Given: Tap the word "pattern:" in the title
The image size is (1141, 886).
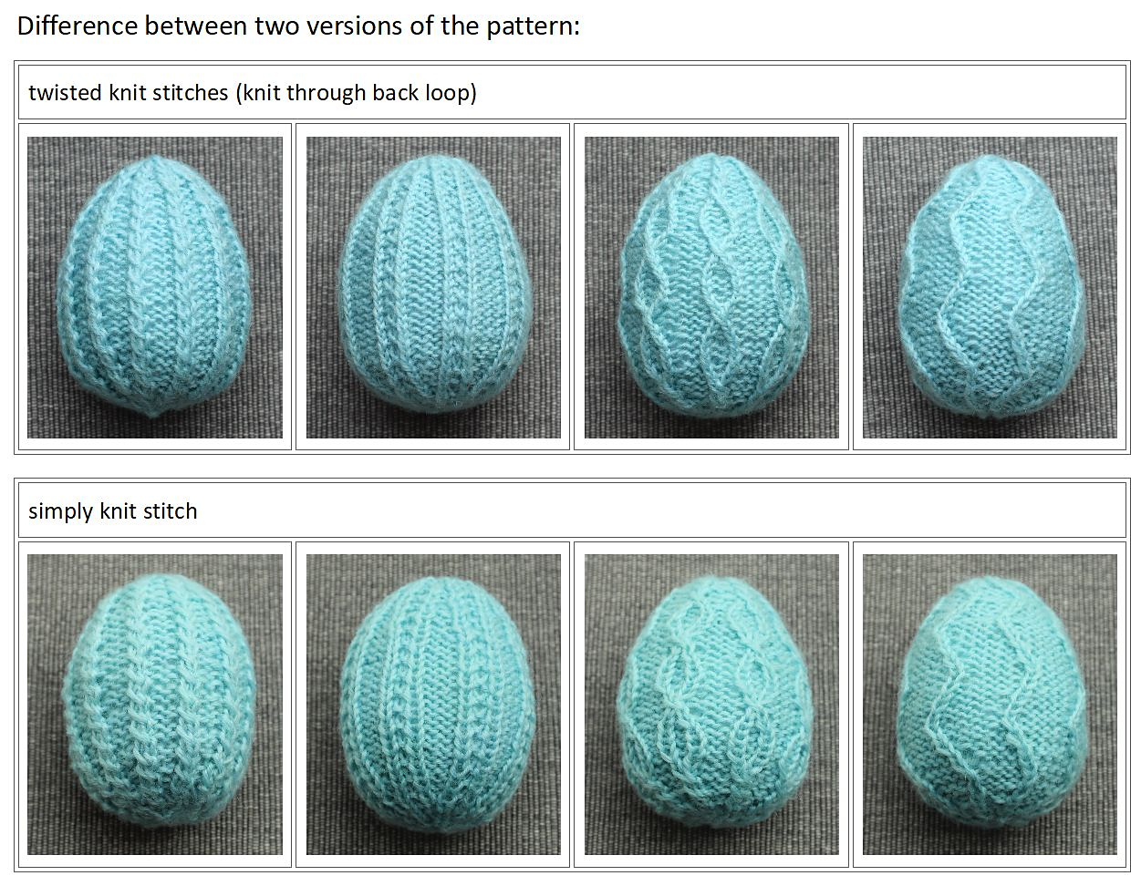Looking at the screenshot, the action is tap(533, 27).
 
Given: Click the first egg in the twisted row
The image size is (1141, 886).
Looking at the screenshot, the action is tap(154, 286).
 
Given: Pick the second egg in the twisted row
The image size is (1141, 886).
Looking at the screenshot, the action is tap(435, 283).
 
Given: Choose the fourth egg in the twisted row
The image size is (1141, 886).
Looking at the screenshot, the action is tap(991, 286).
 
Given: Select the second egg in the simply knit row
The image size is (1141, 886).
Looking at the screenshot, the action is tap(438, 703).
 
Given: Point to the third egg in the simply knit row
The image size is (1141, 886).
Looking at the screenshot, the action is tap(714, 702).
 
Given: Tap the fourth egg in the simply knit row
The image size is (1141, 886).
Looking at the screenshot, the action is tap(991, 703).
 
